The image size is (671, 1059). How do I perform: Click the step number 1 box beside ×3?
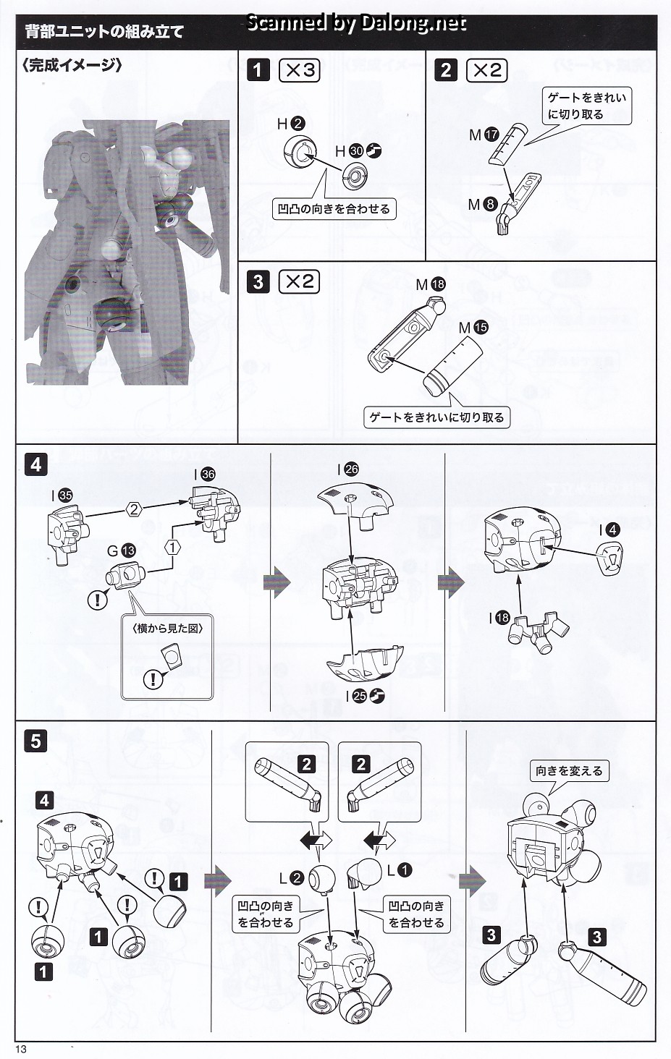coord(258,70)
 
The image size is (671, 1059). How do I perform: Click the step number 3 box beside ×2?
coord(258,281)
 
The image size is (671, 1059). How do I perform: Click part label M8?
coord(482,205)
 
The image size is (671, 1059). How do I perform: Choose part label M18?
coord(431,285)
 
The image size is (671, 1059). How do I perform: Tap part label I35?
coord(62,496)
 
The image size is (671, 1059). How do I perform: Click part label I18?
coord(499,618)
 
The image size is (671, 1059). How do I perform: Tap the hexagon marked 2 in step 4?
coord(134,509)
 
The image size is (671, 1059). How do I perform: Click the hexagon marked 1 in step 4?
coord(172,547)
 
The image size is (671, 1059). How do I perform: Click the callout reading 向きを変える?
coord(569,771)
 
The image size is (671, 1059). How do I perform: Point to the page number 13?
coord(20,1050)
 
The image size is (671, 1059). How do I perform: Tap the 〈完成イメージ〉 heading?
coord(72,65)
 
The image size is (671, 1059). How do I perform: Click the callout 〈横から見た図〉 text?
coord(168,628)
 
